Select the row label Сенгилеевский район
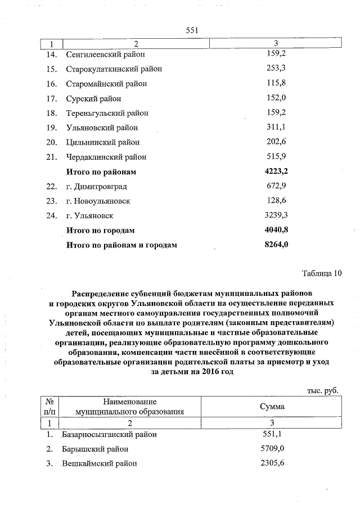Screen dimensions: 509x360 105,55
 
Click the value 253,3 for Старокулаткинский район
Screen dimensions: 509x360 276,69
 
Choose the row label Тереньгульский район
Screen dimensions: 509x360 107,113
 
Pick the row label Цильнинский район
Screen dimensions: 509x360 102,142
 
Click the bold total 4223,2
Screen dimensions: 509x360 276,171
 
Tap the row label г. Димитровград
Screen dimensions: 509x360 96,186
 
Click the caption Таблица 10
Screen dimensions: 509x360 322,274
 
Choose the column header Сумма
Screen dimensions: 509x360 272,406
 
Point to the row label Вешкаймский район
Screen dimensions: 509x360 101,463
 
